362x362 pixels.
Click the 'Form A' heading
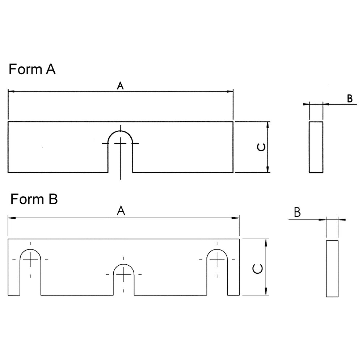[32, 69]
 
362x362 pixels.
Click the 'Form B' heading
[34, 199]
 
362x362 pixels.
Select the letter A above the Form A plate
[120, 86]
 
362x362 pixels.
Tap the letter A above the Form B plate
[121, 211]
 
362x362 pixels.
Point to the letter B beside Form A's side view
[350, 98]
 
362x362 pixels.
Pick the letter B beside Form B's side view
[297, 212]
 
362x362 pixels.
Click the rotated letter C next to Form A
[261, 147]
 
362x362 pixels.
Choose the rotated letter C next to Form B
[258, 269]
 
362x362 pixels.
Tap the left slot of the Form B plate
[30, 272]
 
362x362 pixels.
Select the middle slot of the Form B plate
[124, 279]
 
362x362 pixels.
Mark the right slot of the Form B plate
[217, 272]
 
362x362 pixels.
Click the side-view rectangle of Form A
[316, 147]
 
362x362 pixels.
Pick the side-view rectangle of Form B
[332, 269]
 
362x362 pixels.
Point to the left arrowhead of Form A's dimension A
[11, 92]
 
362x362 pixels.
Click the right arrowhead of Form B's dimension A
[236, 218]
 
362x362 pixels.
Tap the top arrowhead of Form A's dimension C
[268, 125]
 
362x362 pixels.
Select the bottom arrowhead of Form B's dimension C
[266, 291]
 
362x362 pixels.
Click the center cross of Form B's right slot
[217, 260]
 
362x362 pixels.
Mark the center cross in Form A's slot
[120, 143]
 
